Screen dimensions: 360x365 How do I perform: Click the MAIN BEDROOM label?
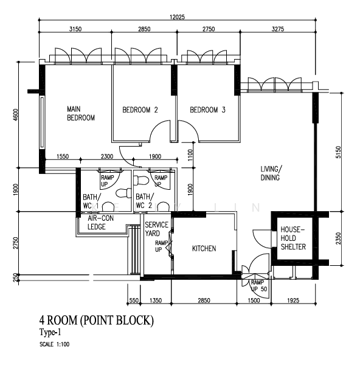tap(81, 113)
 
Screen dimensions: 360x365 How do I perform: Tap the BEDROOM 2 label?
tap(140, 109)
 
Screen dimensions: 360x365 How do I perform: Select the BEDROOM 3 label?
tap(207, 109)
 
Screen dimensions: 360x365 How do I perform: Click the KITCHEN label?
tap(204, 248)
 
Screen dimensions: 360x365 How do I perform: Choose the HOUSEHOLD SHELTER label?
tap(293, 238)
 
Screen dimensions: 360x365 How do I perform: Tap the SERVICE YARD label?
tap(156, 229)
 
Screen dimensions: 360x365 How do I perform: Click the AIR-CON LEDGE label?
tap(100, 223)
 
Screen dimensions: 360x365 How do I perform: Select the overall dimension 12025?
tap(178, 17)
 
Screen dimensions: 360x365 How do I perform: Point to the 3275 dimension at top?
tap(278, 29)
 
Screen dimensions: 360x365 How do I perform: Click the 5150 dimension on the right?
tap(338, 152)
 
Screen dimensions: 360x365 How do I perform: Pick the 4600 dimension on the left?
tap(16, 114)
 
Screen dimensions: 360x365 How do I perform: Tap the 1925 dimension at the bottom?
tap(293, 301)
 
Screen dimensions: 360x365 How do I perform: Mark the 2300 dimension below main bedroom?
tap(107, 156)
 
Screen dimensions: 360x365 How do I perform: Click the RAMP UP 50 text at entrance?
tap(259, 286)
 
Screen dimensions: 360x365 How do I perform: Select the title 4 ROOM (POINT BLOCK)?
tap(97, 321)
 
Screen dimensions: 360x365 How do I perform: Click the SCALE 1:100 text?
tap(55, 344)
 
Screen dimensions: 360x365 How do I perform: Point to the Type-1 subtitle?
tap(50, 332)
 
